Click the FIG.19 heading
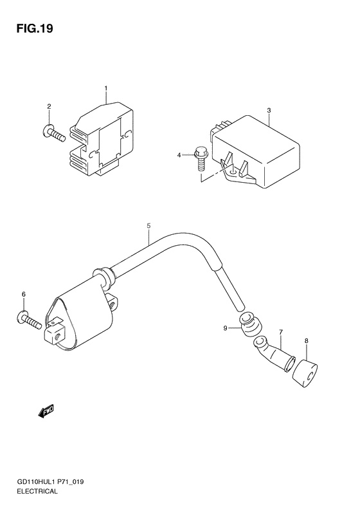click(35, 28)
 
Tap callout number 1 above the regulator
click(106, 88)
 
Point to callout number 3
click(269, 111)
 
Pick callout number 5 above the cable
click(148, 225)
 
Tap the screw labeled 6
click(29, 320)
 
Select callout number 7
click(281, 332)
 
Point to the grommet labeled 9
click(249, 324)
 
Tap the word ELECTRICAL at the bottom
click(37, 491)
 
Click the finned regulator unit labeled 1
click(101, 140)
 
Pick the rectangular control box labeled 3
click(256, 151)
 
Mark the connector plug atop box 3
click(221, 129)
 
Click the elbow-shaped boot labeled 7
click(274, 355)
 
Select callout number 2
click(49, 106)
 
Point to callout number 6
click(24, 294)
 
